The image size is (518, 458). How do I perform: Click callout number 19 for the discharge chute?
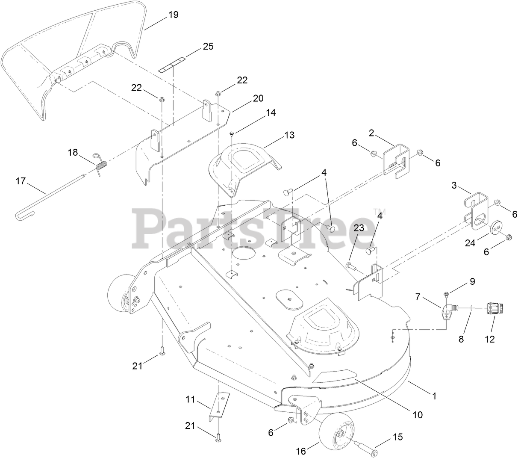(173, 15)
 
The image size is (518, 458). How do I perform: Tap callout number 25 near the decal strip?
(208, 46)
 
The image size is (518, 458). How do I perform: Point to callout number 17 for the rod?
(21, 181)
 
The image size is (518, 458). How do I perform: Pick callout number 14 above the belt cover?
(271, 113)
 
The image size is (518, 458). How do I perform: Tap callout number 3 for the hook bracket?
(454, 185)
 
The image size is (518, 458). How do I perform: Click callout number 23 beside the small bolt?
(359, 228)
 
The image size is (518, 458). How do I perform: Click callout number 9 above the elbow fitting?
(472, 282)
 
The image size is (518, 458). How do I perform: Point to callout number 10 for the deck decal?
(417, 414)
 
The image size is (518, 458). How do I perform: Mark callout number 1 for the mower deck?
(434, 396)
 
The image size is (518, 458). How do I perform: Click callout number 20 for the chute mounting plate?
(258, 98)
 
